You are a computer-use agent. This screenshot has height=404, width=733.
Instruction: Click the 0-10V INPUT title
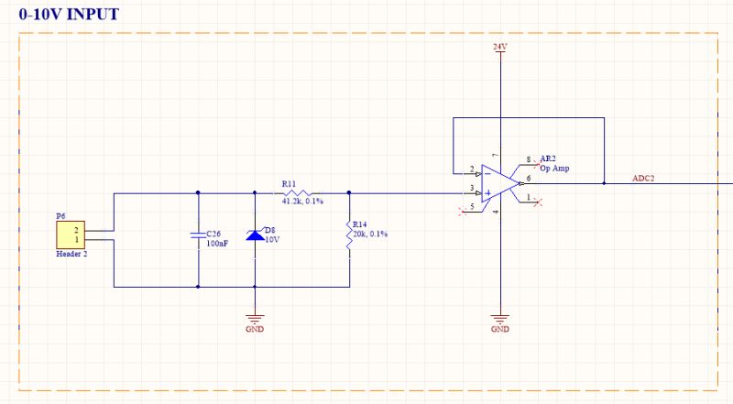(x=69, y=16)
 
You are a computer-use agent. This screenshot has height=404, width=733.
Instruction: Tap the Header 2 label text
(x=72, y=254)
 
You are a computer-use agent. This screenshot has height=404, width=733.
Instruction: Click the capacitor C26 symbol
(x=198, y=235)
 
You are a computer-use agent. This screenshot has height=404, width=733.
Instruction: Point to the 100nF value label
(x=217, y=245)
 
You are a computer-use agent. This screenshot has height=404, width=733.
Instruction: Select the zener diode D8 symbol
(x=254, y=235)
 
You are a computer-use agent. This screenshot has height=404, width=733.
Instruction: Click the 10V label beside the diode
(x=272, y=239)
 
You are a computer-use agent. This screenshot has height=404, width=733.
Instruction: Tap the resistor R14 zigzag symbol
(x=349, y=235)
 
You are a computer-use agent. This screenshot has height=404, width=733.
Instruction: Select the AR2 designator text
(x=547, y=158)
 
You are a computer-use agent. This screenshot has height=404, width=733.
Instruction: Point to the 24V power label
(x=499, y=46)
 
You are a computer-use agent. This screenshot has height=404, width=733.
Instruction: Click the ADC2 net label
(x=643, y=178)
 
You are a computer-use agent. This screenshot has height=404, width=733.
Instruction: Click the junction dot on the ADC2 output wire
(x=605, y=183)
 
